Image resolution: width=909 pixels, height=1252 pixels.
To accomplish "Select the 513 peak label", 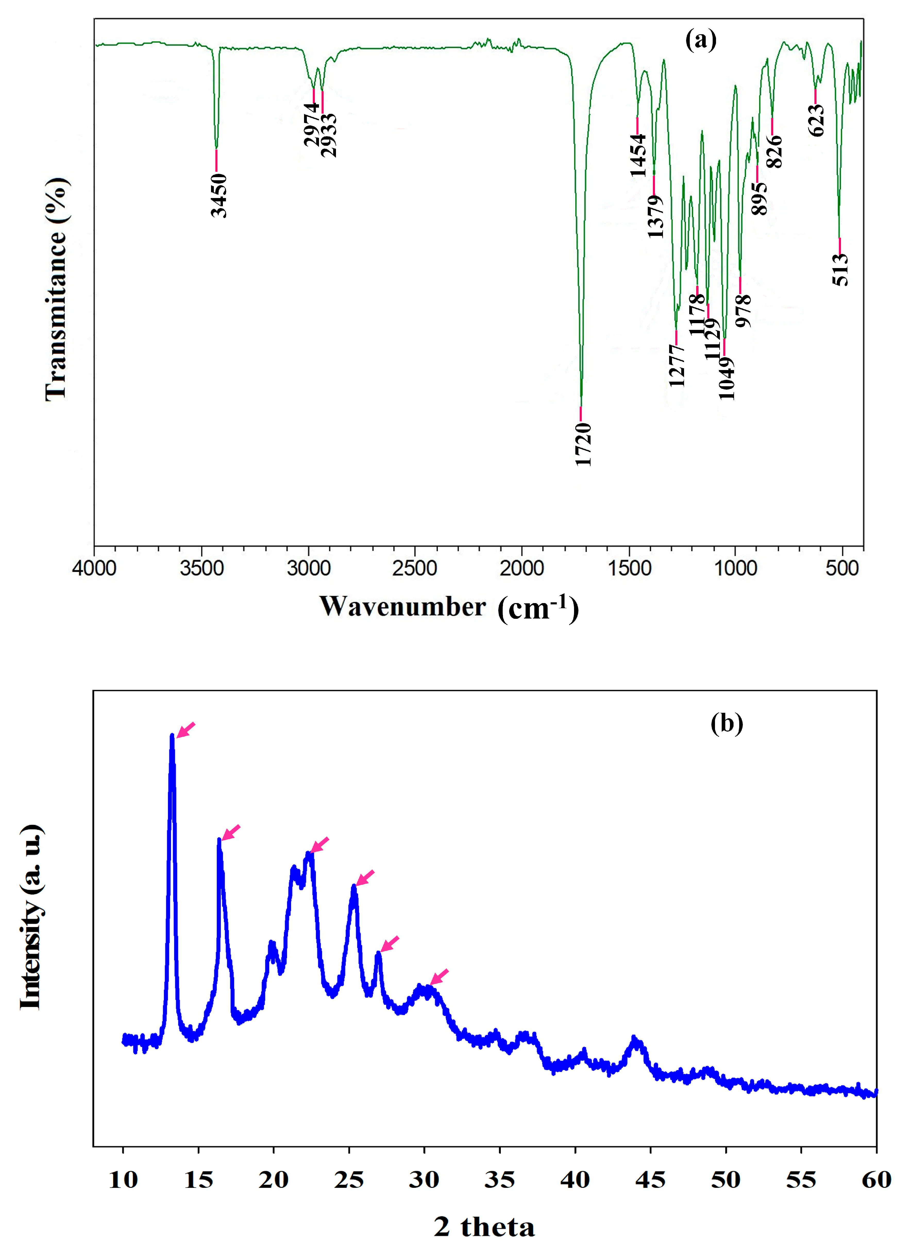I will click(840, 270).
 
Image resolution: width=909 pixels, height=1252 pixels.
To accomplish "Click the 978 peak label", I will click(743, 311).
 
